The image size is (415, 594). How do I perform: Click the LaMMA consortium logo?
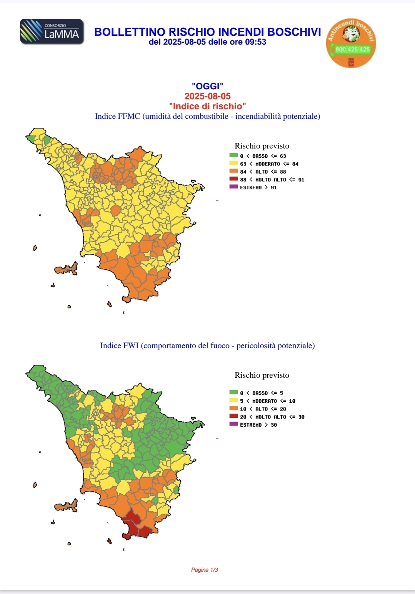click(x=52, y=32)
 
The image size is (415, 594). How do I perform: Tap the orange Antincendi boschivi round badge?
click(x=351, y=43)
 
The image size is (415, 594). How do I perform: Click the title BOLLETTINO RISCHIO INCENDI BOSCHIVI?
click(x=207, y=32)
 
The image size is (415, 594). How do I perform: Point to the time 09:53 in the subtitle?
click(x=256, y=42)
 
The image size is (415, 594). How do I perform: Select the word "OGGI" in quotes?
click(x=207, y=86)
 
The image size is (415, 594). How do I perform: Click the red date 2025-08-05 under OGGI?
click(x=207, y=96)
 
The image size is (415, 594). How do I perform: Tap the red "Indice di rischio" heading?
click(x=207, y=106)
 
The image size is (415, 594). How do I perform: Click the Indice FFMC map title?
click(x=207, y=116)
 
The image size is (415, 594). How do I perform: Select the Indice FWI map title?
click(x=207, y=345)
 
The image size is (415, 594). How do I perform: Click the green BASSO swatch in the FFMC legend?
click(x=233, y=155)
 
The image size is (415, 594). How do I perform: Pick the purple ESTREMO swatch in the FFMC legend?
click(x=233, y=187)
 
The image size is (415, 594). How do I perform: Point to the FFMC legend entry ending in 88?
click(x=263, y=172)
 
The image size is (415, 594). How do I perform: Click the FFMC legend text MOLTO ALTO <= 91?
click(x=272, y=180)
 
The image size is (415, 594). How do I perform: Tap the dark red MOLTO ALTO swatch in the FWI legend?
click(x=233, y=416)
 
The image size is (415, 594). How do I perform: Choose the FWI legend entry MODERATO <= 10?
click(x=268, y=401)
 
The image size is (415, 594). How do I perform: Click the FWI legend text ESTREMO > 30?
click(x=258, y=425)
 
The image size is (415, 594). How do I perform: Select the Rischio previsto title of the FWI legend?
click(x=262, y=375)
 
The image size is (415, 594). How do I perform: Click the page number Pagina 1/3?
click(x=205, y=570)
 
